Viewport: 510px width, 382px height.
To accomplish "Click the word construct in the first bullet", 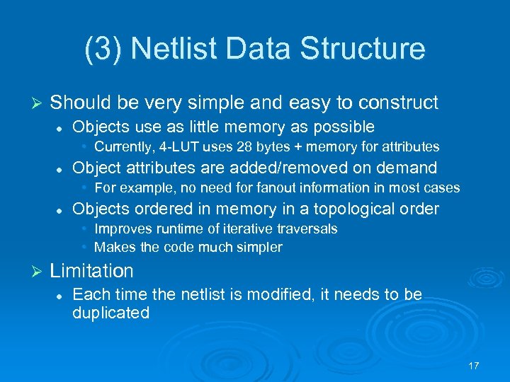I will [x=399, y=103].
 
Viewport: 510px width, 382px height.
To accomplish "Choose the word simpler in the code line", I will [x=259, y=248].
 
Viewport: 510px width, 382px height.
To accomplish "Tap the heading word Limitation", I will [x=91, y=271].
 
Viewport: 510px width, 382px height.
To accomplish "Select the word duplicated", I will [x=110, y=313].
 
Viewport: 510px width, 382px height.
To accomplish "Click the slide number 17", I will [x=474, y=366].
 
